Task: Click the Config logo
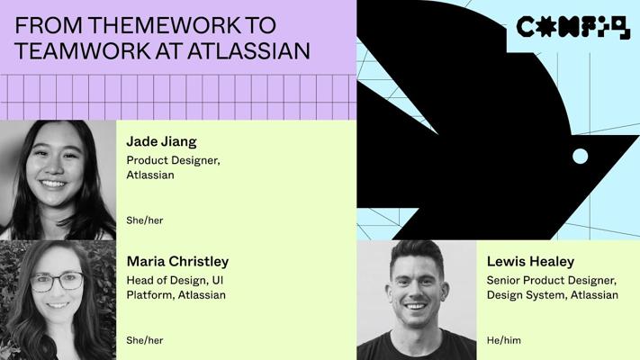point(573,27)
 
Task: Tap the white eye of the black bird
point(580,156)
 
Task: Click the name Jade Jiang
point(162,141)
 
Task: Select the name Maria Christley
point(177,262)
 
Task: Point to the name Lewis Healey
point(530,262)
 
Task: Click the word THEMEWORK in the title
point(164,25)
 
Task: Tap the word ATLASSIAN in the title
point(248,51)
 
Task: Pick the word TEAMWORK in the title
point(83,51)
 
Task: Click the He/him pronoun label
point(504,340)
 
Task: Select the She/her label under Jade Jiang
point(145,220)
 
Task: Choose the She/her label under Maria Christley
point(145,340)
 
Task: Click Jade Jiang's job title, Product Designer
point(173,160)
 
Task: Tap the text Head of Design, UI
point(175,281)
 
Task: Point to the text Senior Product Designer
point(552,281)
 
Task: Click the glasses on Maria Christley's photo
point(57,282)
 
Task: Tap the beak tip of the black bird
point(638,136)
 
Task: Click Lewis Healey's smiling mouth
point(416,307)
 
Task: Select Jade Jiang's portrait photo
point(58,180)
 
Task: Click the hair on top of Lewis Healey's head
point(417,253)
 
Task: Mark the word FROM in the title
point(49,25)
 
